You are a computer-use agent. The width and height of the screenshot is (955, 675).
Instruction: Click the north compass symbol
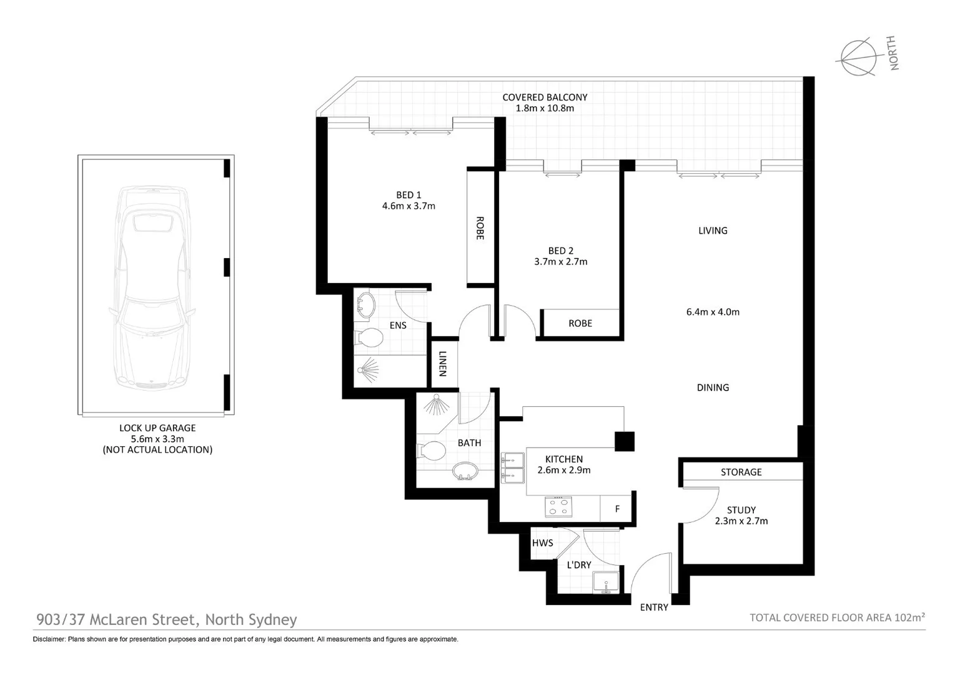(x=856, y=58)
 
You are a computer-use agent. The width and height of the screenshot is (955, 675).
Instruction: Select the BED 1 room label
(x=408, y=195)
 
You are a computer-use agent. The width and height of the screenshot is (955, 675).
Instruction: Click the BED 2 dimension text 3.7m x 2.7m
(x=561, y=262)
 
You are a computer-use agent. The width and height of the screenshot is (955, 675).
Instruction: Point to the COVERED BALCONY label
(x=545, y=97)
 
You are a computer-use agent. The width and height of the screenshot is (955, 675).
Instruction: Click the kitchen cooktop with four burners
(x=558, y=506)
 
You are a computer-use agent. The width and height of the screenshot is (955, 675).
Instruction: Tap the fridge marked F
(x=617, y=509)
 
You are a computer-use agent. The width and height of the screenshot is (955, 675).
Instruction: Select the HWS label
(x=542, y=542)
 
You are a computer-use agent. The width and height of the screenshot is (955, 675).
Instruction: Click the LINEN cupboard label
(x=443, y=364)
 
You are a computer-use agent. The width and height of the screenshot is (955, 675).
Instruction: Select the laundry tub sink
(x=606, y=582)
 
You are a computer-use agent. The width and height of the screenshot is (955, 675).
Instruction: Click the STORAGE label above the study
(x=741, y=472)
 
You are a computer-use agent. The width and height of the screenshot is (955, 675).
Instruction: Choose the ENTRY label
(x=654, y=607)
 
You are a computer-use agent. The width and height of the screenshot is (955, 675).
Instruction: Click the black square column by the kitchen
(x=625, y=441)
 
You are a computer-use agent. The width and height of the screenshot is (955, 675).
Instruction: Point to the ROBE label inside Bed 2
(x=580, y=323)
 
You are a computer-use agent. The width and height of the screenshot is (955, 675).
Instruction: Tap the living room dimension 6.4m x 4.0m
(x=713, y=312)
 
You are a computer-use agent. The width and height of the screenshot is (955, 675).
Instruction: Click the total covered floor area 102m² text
(x=837, y=617)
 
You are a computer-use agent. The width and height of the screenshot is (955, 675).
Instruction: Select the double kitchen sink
(x=513, y=467)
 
